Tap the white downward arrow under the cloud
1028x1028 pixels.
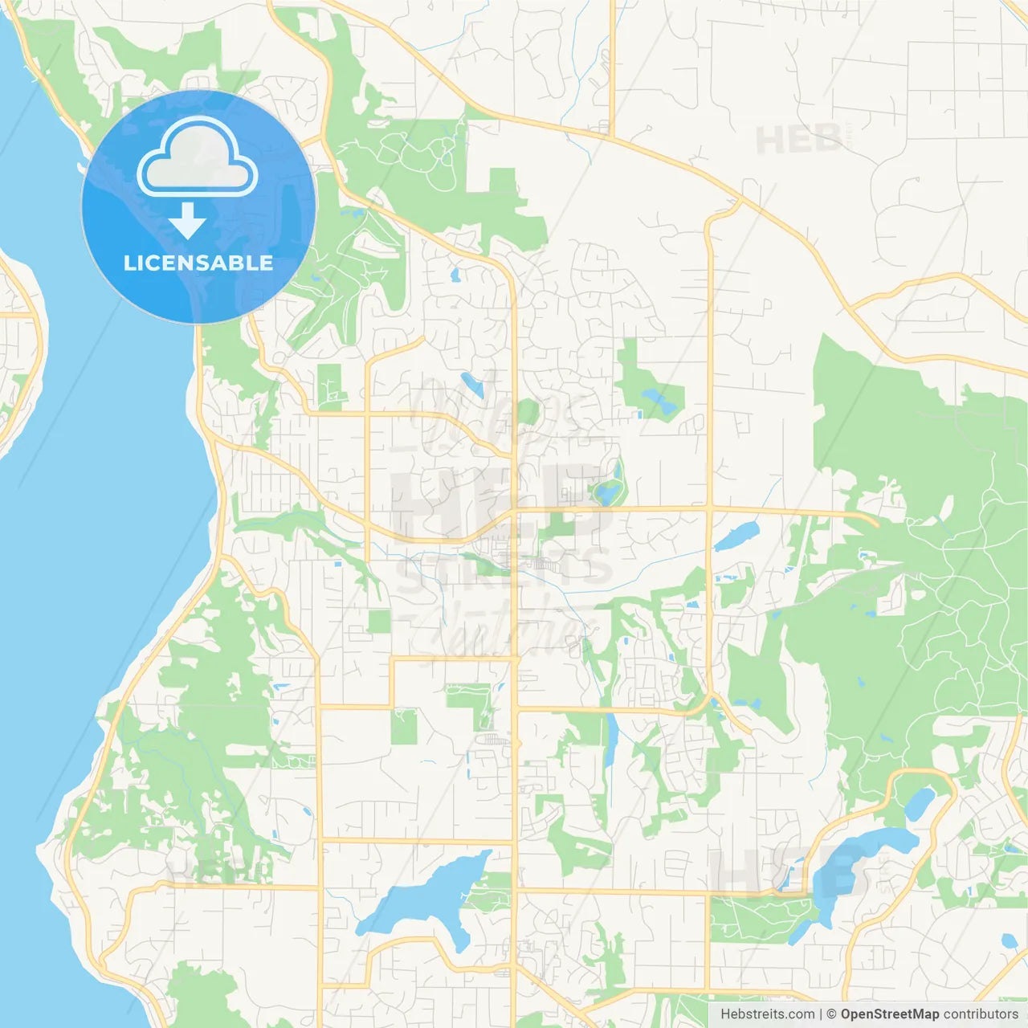point(188,221)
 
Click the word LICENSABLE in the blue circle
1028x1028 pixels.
point(198,263)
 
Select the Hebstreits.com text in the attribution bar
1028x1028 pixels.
point(767,1014)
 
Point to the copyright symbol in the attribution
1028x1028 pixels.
point(832,1014)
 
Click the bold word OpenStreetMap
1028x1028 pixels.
point(890,1014)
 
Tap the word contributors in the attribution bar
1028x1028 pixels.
point(981,1014)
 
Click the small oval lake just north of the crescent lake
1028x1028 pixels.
point(920,802)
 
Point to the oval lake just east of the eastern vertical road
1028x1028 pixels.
point(737,536)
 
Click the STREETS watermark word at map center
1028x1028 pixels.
point(504,569)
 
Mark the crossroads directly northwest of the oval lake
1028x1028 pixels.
point(709,509)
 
